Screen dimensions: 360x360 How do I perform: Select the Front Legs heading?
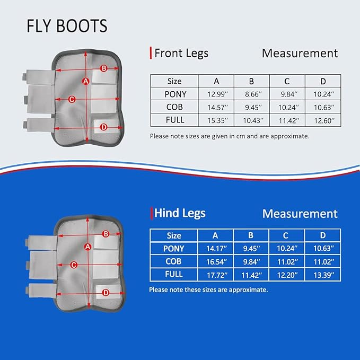tap(180, 53)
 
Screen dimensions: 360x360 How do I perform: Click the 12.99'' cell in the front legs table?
tap(216, 94)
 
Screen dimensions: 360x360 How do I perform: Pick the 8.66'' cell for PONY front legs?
tap(252, 94)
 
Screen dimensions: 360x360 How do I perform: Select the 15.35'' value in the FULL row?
tap(216, 120)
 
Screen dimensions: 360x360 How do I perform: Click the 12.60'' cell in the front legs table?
tap(323, 120)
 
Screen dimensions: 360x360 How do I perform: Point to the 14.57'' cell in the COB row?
tap(216, 108)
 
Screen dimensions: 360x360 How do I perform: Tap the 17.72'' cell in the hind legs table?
tap(215, 274)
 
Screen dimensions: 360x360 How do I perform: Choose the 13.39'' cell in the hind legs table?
tap(323, 274)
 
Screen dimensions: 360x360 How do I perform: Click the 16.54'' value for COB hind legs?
tap(215, 261)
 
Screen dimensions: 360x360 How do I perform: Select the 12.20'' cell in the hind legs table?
tap(287, 274)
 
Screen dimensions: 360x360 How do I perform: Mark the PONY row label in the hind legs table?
tap(174, 248)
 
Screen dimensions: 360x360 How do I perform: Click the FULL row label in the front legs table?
tap(174, 120)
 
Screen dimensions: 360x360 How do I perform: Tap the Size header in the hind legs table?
tap(174, 235)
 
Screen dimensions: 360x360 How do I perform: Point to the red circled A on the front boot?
tap(86, 81)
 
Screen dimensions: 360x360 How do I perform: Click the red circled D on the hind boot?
tap(106, 292)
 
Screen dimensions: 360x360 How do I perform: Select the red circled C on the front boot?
tap(72, 99)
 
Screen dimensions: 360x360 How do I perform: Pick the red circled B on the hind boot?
tap(106, 234)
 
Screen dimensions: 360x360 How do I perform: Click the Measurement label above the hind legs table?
tap(300, 214)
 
